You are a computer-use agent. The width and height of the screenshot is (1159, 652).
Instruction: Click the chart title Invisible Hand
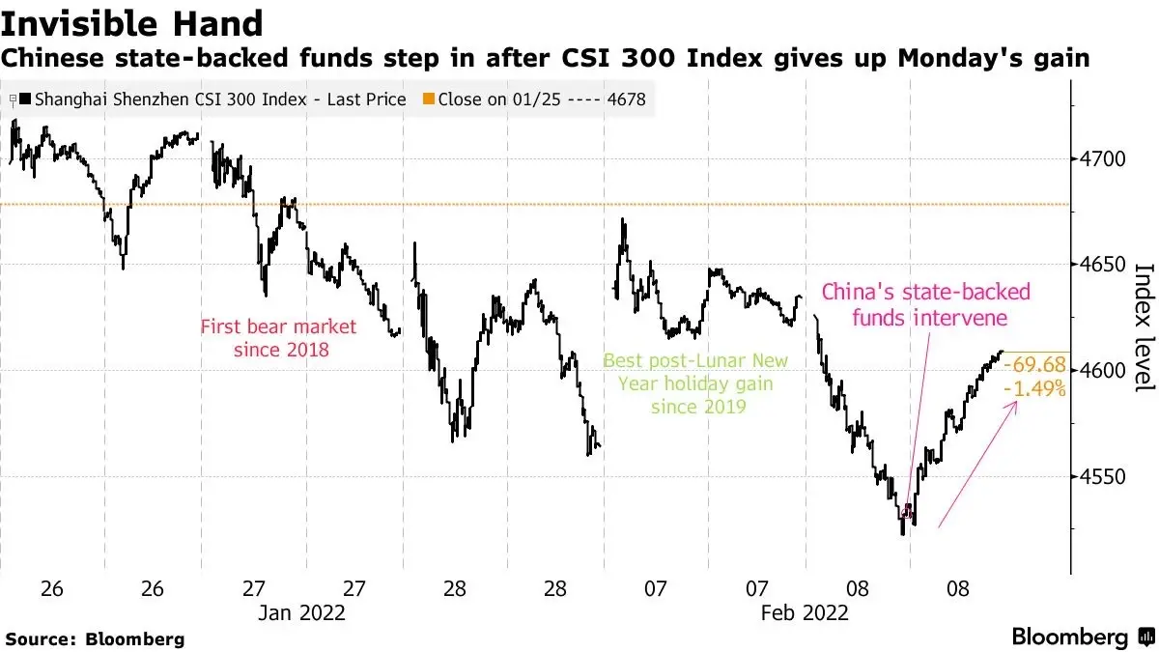coord(132,23)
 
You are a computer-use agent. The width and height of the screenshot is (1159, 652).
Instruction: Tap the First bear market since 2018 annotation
coord(278,337)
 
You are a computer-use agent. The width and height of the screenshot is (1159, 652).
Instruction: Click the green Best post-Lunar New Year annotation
coord(695,383)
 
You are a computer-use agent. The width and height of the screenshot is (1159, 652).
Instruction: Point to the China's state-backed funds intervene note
coord(925,304)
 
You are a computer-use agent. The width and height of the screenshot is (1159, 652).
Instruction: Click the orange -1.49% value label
coord(1034,388)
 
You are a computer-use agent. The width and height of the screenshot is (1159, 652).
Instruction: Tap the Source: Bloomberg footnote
coord(95,638)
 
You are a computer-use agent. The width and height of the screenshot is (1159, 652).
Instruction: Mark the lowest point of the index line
coord(902,533)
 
